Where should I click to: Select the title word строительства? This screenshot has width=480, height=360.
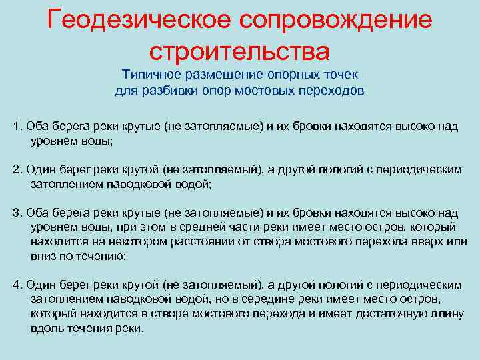click(240, 50)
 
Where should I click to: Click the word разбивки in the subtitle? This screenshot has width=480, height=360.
click(171, 91)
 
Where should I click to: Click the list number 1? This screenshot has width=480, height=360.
click(17, 126)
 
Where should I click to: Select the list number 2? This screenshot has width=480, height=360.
click(17, 169)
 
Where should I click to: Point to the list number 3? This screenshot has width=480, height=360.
click(17, 213)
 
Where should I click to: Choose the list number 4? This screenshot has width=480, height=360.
click(17, 285)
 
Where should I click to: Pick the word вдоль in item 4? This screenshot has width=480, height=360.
click(44, 329)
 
